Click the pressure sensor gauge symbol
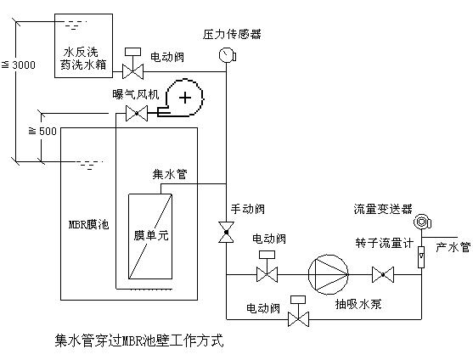pyautogui.click(x=227, y=55)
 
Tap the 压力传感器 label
pyautogui.click(x=232, y=34)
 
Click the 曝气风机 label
pyautogui.click(x=136, y=94)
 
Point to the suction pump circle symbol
pyautogui.click(x=328, y=275)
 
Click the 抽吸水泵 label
pyautogui.click(x=358, y=304)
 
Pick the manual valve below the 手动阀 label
pyautogui.click(x=226, y=232)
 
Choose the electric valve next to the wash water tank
pyautogui.click(x=132, y=64)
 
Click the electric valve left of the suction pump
pyautogui.click(x=267, y=267)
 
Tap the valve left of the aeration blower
pyautogui.click(x=137, y=114)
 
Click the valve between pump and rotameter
pyautogui.click(x=383, y=275)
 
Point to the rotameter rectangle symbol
pyautogui.click(x=421, y=257)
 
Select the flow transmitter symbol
pyautogui.click(x=422, y=222)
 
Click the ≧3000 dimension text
pyautogui.click(x=19, y=65)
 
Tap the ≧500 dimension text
pyautogui.click(x=42, y=131)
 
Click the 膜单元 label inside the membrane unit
pyautogui.click(x=151, y=235)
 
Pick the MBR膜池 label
pyautogui.click(x=88, y=225)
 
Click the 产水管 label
pyautogui.click(x=453, y=247)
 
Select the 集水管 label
pyautogui.click(x=170, y=174)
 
